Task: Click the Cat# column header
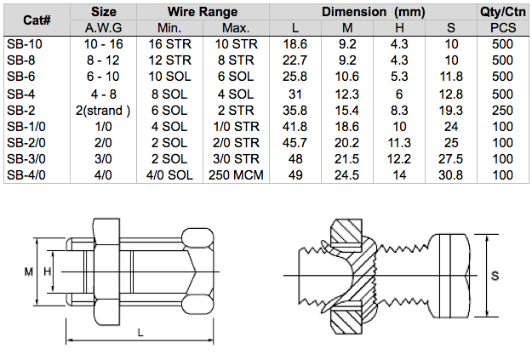pos(37,20)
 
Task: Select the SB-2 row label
pos(21,111)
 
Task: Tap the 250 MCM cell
pos(236,175)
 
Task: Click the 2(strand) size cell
pos(103,111)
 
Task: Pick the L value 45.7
pos(295,143)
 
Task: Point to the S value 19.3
pos(451,111)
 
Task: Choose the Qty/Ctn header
pos(503,12)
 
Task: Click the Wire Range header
pos(203,12)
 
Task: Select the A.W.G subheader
pos(104,28)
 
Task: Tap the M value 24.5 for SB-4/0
pos(346,175)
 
